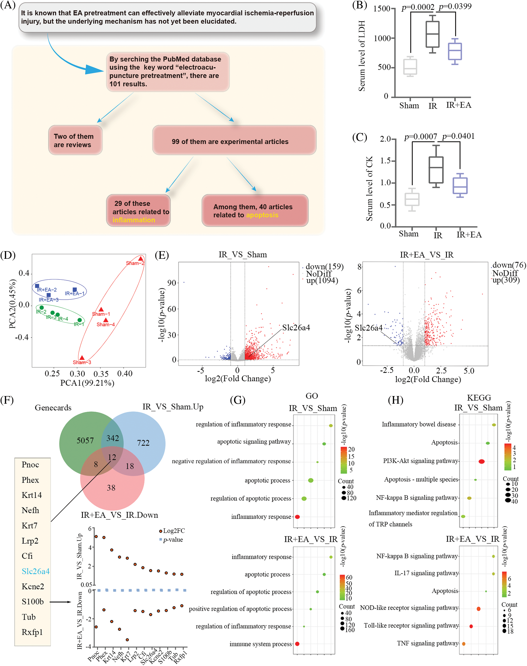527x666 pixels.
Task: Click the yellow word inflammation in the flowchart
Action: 134,220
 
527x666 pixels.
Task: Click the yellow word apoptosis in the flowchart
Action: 262,215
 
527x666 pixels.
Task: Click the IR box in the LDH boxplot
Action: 432,34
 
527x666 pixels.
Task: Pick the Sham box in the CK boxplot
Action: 412,199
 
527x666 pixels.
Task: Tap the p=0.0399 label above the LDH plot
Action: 455,7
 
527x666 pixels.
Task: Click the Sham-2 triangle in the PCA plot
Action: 141,259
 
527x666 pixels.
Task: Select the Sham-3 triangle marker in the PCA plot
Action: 82,358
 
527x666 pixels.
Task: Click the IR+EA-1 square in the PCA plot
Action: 75,290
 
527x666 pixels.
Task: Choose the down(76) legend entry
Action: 509,265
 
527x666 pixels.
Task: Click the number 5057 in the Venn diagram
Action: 85,440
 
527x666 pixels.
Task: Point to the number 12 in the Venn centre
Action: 112,457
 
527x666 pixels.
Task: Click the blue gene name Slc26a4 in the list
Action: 35,571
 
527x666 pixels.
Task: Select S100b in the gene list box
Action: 33,601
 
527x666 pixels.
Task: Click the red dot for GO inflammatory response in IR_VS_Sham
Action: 297,517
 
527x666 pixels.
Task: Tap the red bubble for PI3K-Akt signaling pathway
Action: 481,461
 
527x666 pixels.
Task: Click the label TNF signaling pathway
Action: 427,643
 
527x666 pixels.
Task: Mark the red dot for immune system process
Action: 297,644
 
